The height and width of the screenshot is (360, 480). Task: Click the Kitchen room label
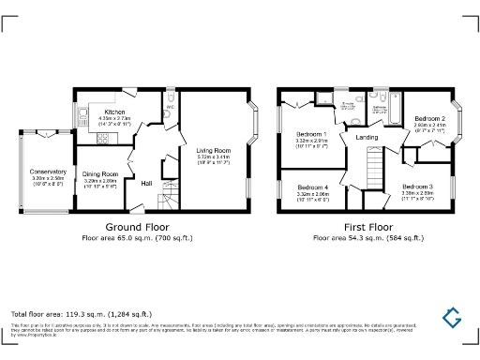[113, 111]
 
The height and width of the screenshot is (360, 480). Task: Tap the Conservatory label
[47, 172]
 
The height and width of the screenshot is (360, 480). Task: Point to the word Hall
[147, 183]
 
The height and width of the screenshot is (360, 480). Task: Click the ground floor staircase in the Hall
[168, 197]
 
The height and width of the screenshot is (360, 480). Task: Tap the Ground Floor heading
[136, 228]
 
